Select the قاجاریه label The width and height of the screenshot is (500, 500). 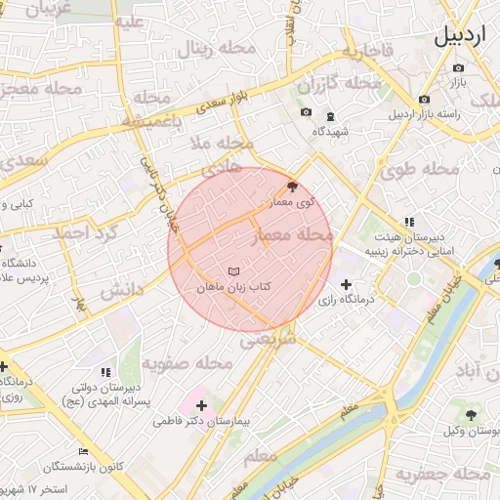coord(365,50)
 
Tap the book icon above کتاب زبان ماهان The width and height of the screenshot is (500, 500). coord(232,271)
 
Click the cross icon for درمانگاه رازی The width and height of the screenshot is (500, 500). coord(347,284)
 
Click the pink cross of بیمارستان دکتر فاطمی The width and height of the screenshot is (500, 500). coord(201,404)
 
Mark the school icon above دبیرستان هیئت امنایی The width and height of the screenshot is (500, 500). coord(408,223)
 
